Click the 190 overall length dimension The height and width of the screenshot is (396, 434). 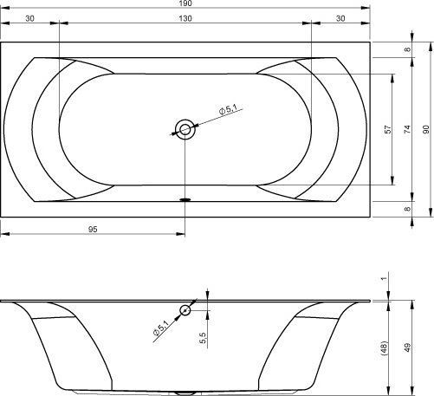(185, 3)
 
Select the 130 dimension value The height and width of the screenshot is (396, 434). (185, 18)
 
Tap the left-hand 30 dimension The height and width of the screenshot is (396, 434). (29, 18)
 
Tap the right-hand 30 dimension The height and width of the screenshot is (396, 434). (340, 18)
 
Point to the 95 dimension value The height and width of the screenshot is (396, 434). (93, 230)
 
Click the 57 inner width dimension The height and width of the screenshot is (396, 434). (389, 129)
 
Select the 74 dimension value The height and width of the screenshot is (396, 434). (407, 129)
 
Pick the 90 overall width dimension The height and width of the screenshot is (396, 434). (426, 129)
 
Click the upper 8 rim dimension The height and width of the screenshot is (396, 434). (407, 49)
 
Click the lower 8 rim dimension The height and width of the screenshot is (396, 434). (407, 209)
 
